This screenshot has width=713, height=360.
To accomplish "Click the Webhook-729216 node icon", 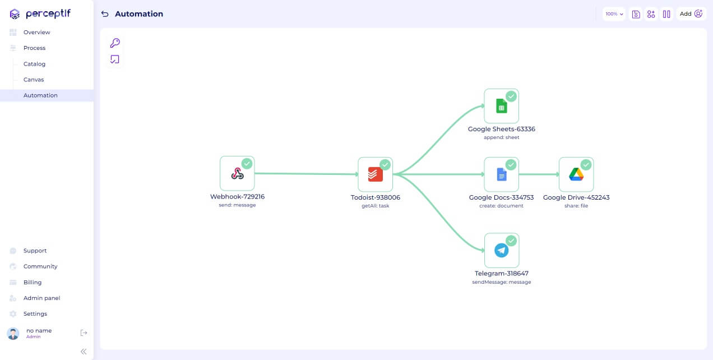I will coord(237,174).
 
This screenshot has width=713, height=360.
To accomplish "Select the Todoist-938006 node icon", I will coord(375,174).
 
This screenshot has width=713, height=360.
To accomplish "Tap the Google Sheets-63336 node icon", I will coord(501,106).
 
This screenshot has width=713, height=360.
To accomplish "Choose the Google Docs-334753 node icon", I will coord(501,174).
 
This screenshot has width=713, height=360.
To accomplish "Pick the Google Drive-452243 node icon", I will coord(576,174).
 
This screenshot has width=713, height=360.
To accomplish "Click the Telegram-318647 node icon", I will coord(501,250).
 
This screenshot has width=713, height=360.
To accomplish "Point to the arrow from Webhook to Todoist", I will coord(306,174).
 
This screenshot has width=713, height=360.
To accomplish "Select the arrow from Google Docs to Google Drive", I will coord(538,174).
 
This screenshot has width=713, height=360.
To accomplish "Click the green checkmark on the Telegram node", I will coord(511,241).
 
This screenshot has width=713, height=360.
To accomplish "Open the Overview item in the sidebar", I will coord(36,33).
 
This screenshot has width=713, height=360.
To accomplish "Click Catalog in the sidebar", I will coord(34,64).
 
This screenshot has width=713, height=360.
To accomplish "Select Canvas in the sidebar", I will coord(34,80).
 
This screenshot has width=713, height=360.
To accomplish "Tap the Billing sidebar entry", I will coord(33,283).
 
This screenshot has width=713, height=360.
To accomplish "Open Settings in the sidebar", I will coord(35,314).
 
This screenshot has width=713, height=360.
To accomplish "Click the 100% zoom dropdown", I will coord(614,14).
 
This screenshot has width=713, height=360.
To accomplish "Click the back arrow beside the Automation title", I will coord(105,14).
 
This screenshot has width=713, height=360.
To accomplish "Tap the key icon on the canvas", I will coord(115,43).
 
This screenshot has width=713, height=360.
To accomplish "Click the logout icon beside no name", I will coord(84,333).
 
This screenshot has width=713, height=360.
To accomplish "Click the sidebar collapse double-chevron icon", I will coord(84,352).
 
